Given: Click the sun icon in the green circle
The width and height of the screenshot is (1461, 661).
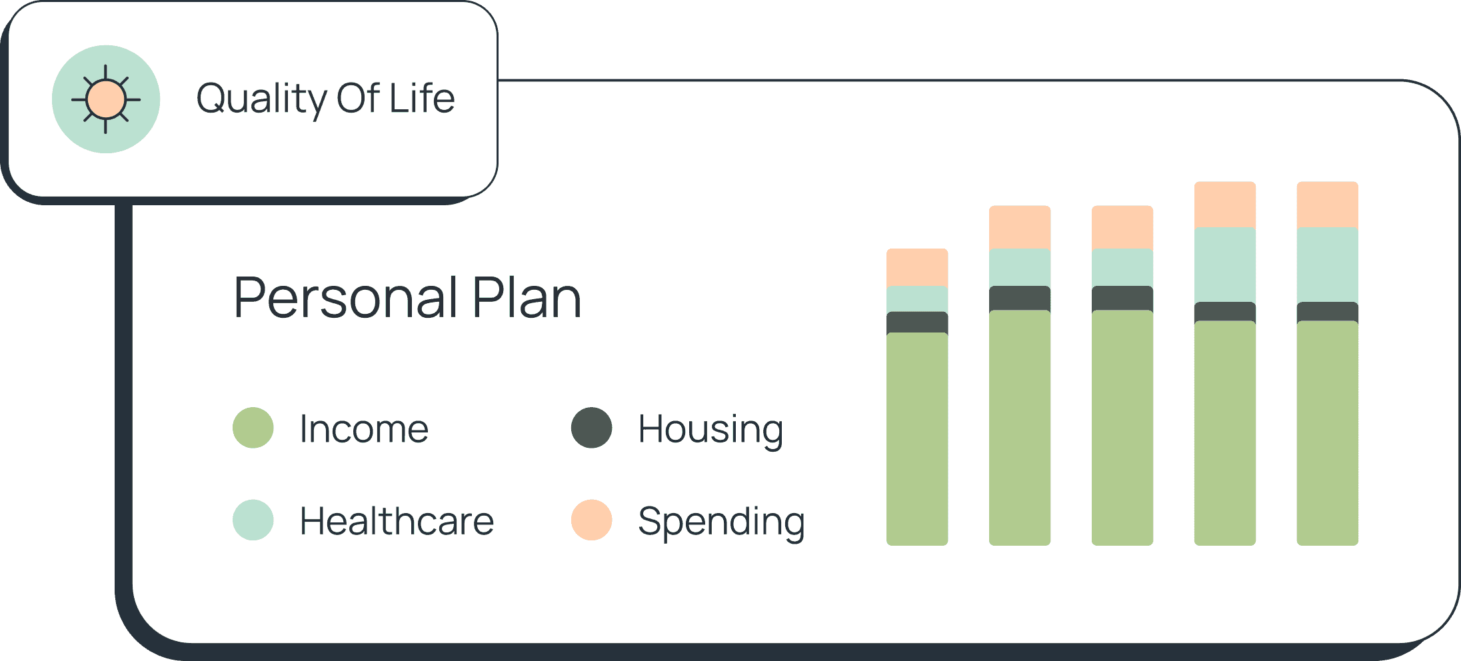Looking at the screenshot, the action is pos(106,99).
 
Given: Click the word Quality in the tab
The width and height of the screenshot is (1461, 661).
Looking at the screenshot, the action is pos(261,99).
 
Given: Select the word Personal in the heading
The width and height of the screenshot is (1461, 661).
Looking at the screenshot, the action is pos(346,297).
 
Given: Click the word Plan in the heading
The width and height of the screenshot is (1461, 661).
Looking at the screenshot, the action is pos(527,297).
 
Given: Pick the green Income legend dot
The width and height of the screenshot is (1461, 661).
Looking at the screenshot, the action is pos(253,428).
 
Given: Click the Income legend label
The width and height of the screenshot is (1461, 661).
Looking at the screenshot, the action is pos(364,428).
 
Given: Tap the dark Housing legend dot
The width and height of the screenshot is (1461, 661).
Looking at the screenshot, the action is pos(592,428).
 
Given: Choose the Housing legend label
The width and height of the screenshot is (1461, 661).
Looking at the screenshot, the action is pos(711,430).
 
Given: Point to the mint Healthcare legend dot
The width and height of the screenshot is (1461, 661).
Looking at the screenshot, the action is pos(253,520).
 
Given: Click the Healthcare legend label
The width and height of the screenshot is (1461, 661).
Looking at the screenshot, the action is pos(397,520).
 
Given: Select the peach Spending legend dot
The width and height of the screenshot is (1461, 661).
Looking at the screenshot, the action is pos(592,520).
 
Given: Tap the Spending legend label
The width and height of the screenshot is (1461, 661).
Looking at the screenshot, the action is pos(722,522).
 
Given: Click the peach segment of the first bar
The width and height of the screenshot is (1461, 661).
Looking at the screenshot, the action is pos(917,268).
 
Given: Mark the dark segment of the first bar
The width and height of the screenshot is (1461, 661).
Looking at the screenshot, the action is pos(917,323).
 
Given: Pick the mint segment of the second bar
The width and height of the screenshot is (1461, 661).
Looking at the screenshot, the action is pos(1020,268).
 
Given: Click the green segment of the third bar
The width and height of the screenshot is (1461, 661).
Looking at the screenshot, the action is pos(1122,428).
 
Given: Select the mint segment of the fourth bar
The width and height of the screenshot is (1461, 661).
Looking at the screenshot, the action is pos(1225,265).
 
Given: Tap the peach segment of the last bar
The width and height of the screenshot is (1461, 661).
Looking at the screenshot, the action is pos(1328,205).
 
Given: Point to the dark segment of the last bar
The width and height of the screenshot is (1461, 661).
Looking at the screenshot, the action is pos(1328,312).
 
